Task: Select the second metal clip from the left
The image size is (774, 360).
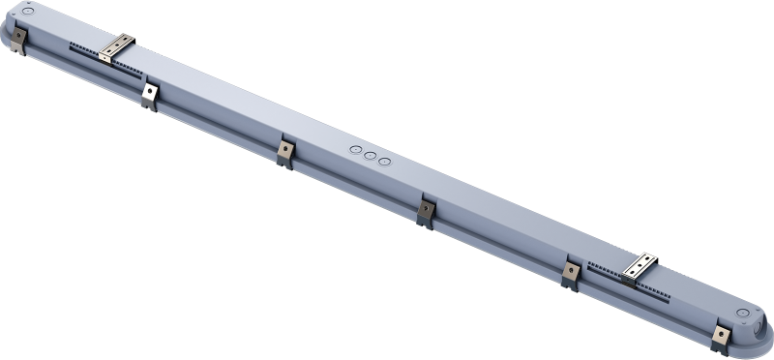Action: pyautogui.click(x=149, y=95)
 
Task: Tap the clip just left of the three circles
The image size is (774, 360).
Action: pyautogui.click(x=285, y=152)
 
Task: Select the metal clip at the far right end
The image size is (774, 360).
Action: pyautogui.click(x=720, y=336)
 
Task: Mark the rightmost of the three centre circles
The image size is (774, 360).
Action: pyautogui.click(x=384, y=161)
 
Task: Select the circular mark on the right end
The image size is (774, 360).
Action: pyautogui.click(x=743, y=313)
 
